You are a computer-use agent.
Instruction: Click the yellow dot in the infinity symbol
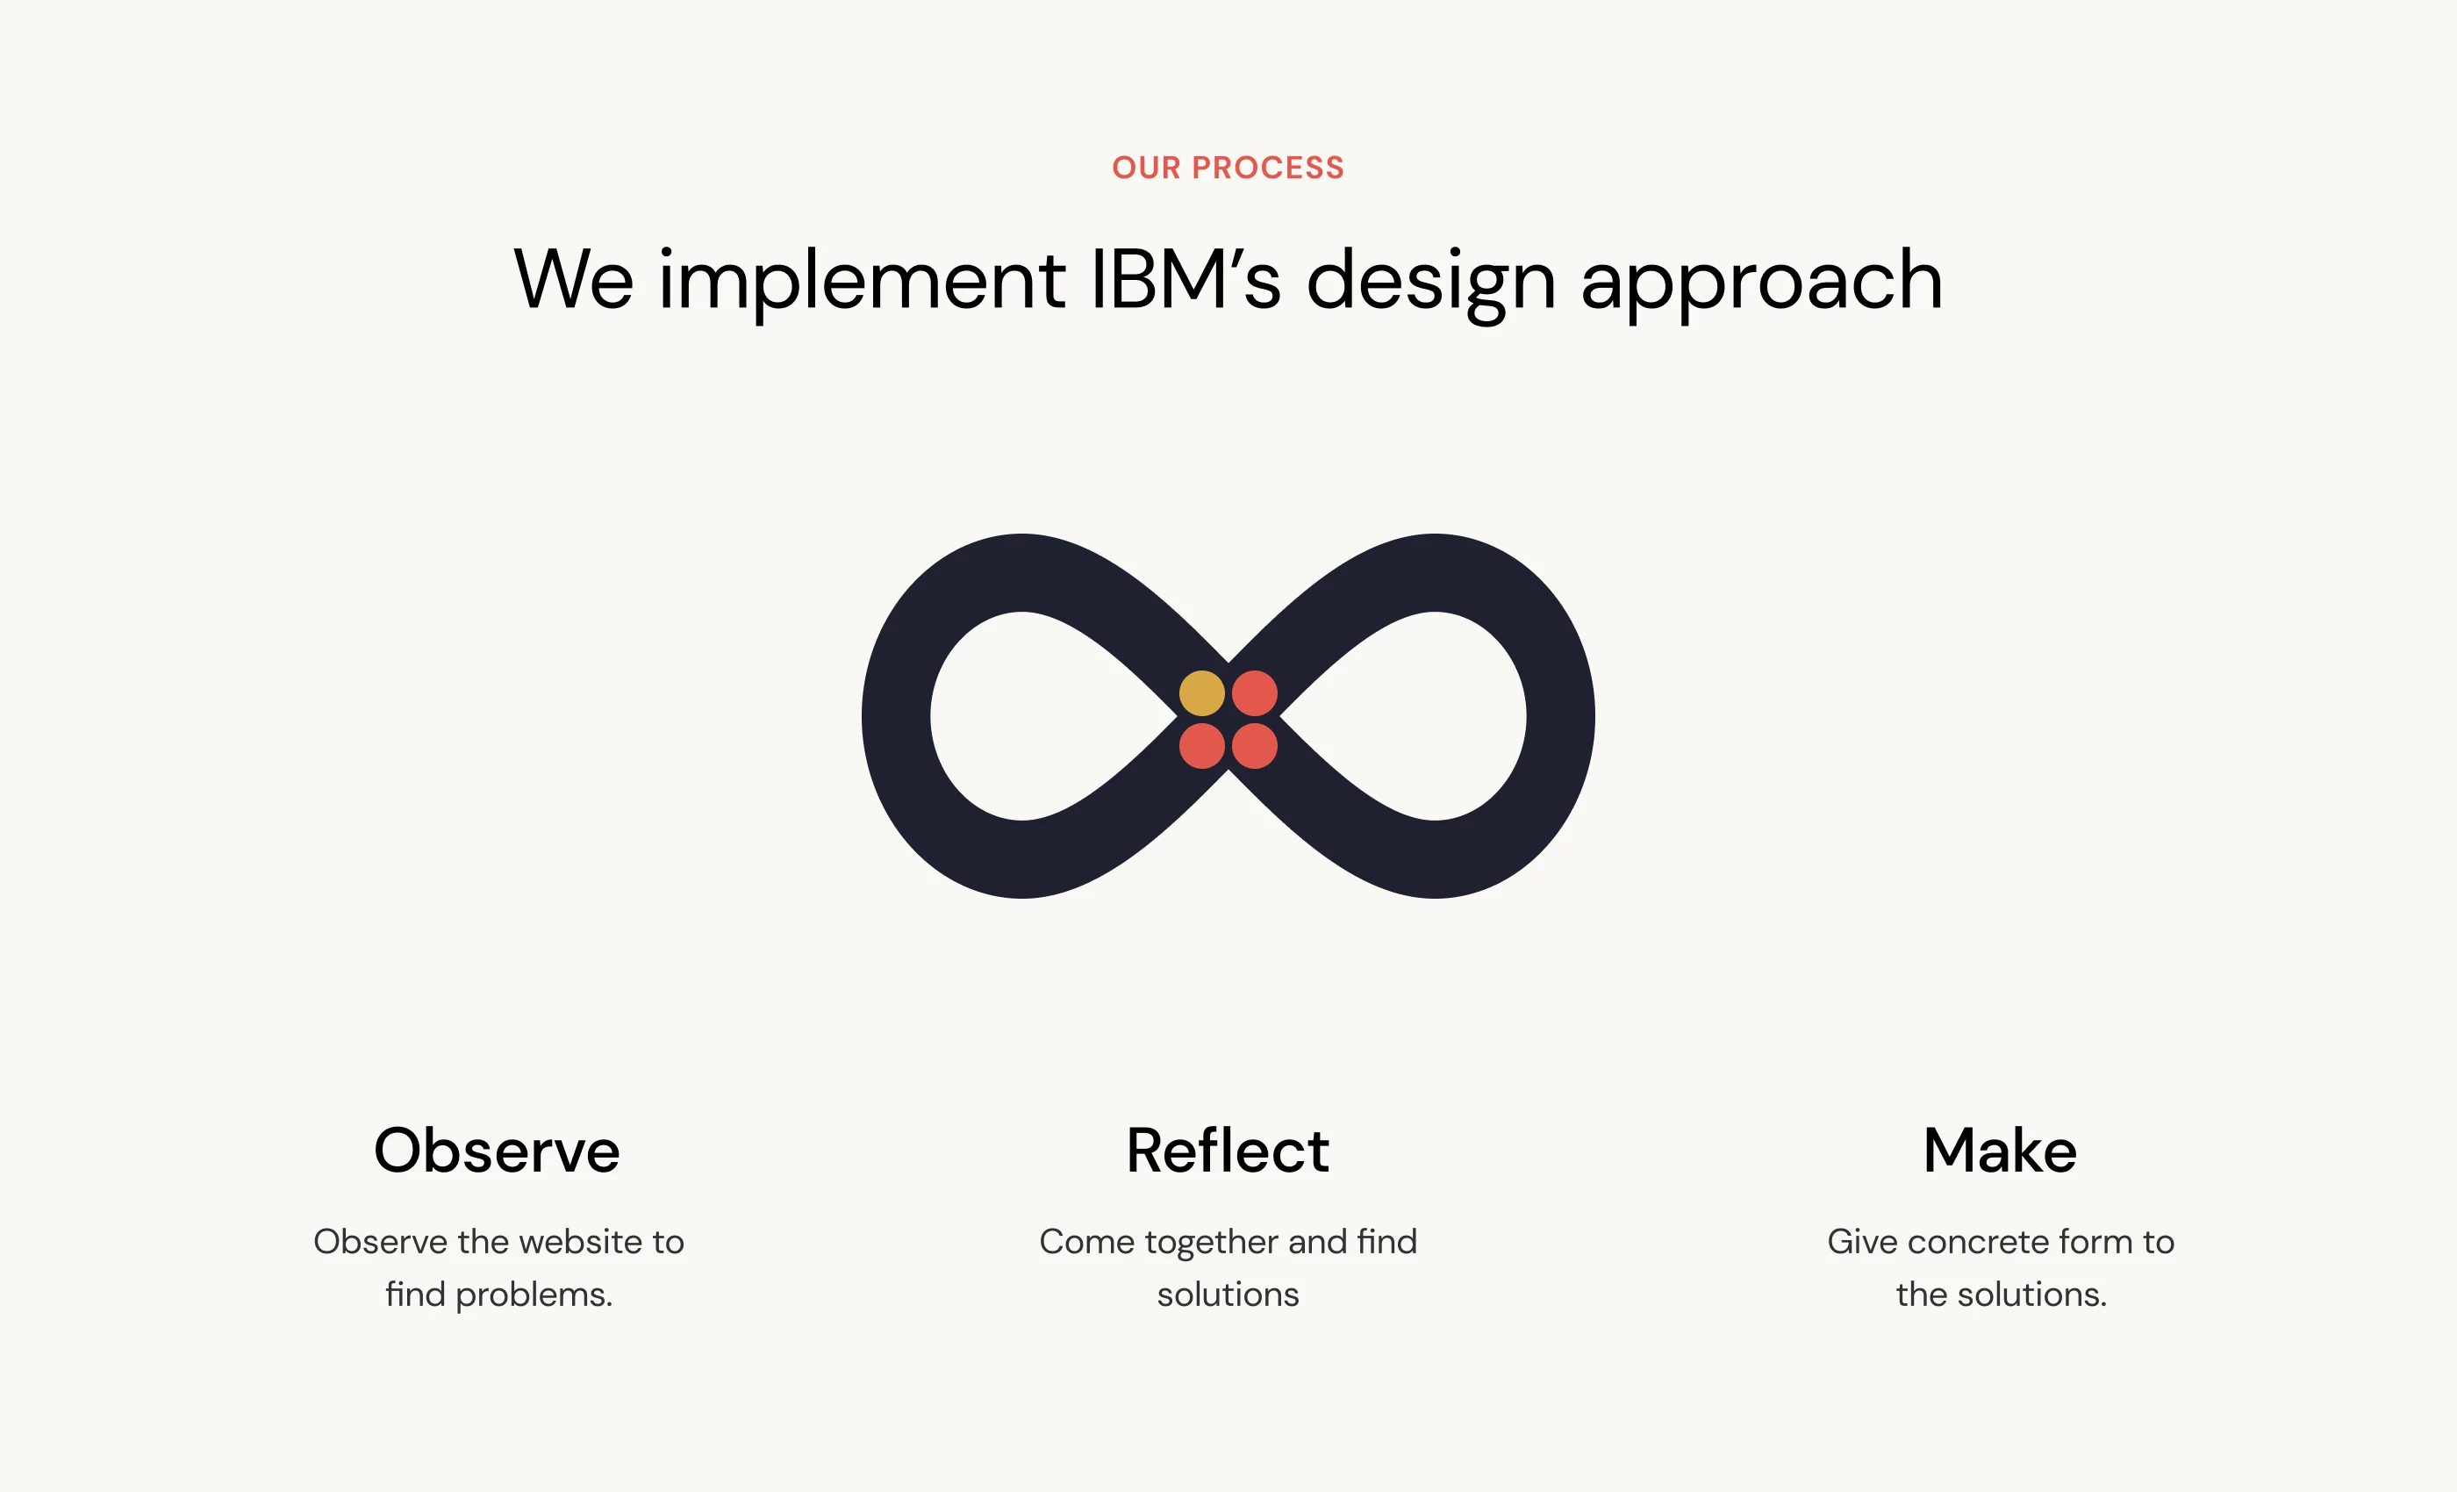[1201, 693]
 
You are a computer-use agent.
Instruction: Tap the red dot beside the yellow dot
[1255, 693]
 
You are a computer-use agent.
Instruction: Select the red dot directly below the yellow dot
[1201, 746]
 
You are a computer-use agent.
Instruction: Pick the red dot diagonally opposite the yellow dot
[1255, 746]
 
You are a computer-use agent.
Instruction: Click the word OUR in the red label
[1147, 168]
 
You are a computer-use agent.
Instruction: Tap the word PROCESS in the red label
[1268, 168]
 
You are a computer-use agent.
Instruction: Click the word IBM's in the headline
[1186, 279]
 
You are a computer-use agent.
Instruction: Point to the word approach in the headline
[1762, 283]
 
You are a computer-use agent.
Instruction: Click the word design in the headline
[1431, 283]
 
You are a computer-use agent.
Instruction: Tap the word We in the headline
[573, 279]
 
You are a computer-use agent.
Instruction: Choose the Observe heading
[497, 1150]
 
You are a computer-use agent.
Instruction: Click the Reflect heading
[1228, 1150]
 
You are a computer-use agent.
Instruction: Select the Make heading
[2001, 1150]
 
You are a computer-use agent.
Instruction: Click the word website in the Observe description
[580, 1242]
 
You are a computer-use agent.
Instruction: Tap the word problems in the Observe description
[534, 1295]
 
